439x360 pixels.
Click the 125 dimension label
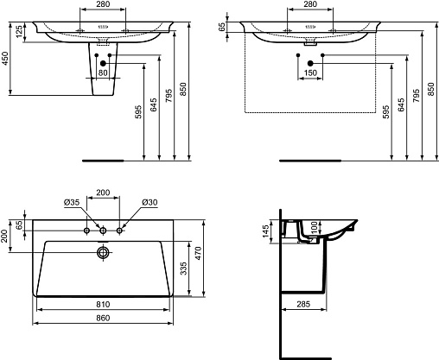pos(19,32)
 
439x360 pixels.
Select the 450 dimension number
pos(5,59)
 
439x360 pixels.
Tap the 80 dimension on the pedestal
pos(103,73)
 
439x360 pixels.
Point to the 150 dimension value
pos(310,73)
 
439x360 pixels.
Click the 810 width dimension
pos(103,304)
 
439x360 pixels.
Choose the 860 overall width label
pos(103,318)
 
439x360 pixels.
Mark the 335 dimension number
pos(183,268)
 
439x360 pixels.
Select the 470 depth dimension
pos(199,254)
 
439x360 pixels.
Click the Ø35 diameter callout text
pos(72,202)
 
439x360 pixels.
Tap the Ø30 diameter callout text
pos(150,202)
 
